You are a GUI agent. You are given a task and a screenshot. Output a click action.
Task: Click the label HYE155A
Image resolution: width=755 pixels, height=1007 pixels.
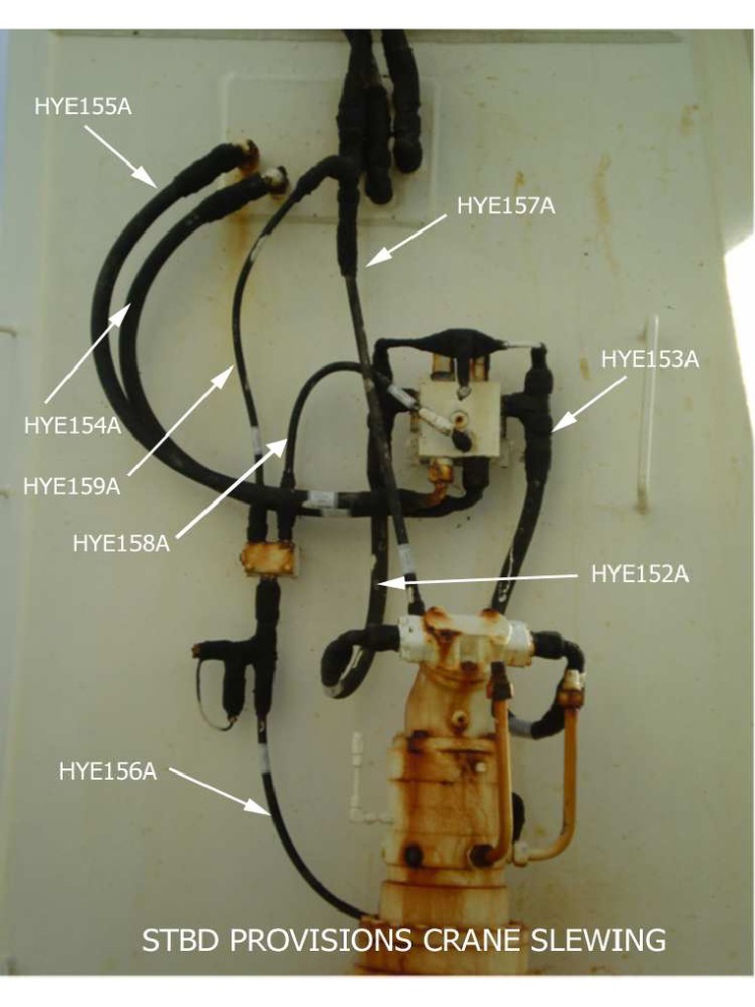pyautogui.click(x=83, y=106)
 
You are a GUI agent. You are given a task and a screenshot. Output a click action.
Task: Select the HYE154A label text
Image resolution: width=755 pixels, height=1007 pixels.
pyautogui.click(x=73, y=425)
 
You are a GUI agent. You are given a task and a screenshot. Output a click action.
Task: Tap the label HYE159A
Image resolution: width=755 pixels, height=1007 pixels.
pyautogui.click(x=72, y=486)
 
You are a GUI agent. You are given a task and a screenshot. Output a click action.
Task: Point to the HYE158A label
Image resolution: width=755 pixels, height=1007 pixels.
pyautogui.click(x=121, y=543)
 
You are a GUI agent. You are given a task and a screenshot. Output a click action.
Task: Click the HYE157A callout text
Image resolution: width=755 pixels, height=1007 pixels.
pyautogui.click(x=506, y=207)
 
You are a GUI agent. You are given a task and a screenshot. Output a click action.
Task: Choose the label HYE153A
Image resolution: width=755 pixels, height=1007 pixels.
pyautogui.click(x=650, y=360)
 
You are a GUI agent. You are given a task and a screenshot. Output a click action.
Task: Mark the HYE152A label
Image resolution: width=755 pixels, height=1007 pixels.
pyautogui.click(x=640, y=574)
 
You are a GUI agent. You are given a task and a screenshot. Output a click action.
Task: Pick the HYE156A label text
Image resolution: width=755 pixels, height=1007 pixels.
pyautogui.click(x=108, y=771)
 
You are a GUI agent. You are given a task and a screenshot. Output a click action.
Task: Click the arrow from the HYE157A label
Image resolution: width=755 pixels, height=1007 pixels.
pyautogui.click(x=406, y=240)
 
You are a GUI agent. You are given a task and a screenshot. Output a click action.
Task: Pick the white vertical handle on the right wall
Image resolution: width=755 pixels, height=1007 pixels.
pyautogui.click(x=647, y=412)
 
